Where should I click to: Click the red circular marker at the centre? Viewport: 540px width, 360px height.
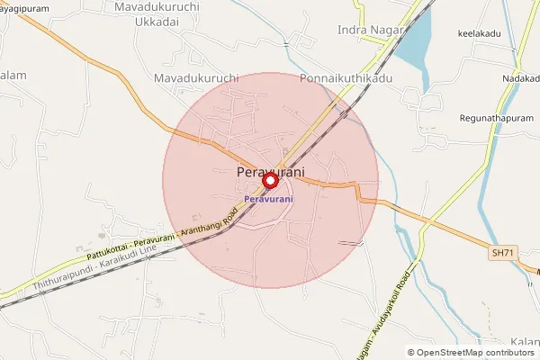tap(269, 181)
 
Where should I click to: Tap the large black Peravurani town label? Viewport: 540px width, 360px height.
tap(270, 171)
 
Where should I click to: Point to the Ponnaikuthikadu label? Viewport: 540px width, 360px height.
tap(346, 79)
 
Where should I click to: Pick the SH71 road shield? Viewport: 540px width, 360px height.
tap(504, 256)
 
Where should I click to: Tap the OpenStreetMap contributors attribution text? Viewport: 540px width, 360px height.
tap(471, 352)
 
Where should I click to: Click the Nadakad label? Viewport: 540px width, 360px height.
tap(521, 79)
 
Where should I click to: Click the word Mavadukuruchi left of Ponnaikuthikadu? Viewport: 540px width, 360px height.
tap(195, 79)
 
